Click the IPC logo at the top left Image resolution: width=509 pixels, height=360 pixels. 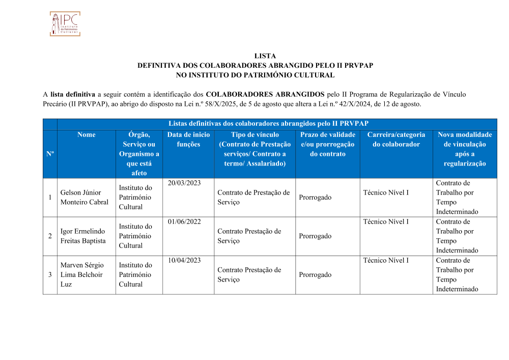65,24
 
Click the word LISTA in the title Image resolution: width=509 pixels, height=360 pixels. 265,56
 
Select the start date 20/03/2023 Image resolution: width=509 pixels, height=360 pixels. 184,183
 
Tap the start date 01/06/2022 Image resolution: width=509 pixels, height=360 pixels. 184,222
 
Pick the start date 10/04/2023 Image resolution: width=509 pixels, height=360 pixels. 184,261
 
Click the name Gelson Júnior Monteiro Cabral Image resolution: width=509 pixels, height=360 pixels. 84,198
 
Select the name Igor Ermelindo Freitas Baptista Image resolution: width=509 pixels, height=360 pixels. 83,236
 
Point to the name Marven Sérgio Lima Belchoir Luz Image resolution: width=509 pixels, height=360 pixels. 82,275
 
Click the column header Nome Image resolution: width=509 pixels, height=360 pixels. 86,135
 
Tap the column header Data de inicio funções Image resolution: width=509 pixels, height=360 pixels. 188,140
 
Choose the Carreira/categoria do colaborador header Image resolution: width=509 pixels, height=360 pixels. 396,140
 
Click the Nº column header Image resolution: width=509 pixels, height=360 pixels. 50,154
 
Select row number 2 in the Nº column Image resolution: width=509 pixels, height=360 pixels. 50,236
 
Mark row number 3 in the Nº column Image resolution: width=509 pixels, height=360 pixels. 50,275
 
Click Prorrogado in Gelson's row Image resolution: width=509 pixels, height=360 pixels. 315,198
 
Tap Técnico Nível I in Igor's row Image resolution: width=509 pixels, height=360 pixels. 386,222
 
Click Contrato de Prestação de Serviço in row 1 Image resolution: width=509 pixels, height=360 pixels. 253,198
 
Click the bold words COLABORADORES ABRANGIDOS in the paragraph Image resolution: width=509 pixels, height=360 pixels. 265,94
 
